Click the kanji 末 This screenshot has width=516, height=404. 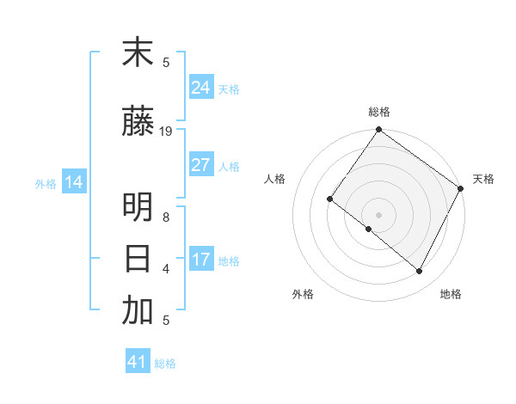click(138, 53)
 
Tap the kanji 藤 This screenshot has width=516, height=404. click(138, 123)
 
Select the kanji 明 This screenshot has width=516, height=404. click(138, 209)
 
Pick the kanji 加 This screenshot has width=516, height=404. click(138, 311)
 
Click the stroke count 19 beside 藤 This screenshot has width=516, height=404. click(166, 132)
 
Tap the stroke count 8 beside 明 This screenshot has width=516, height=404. click(166, 217)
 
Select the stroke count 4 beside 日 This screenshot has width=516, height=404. click(166, 268)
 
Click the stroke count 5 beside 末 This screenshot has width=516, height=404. click(166, 62)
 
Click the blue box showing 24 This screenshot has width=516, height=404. click(200, 88)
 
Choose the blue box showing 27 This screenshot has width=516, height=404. click(200, 165)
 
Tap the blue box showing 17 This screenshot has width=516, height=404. click(200, 260)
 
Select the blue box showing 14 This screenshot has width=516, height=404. click(74, 182)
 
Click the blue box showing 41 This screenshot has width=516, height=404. click(138, 362)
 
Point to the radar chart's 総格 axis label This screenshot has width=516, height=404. click(378, 112)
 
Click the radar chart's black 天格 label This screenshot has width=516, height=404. click(483, 179)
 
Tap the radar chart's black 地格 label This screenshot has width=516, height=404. click(451, 294)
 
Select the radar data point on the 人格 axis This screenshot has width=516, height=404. click(329, 199)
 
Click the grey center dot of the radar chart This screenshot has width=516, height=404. click(378, 214)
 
